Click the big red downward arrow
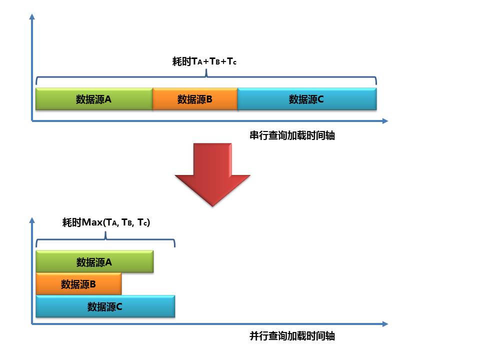tap(212, 175)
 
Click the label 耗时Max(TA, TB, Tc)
tap(106, 222)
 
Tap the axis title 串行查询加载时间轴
tap(292, 135)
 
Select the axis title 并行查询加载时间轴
tap(292, 336)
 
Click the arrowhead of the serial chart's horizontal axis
tap(384, 120)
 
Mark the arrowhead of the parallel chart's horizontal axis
tap(384, 324)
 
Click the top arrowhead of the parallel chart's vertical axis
tap(32, 220)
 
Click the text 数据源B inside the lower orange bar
tap(78, 284)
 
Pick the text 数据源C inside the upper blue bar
tap(306, 99)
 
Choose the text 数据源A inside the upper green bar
tap(93, 99)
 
